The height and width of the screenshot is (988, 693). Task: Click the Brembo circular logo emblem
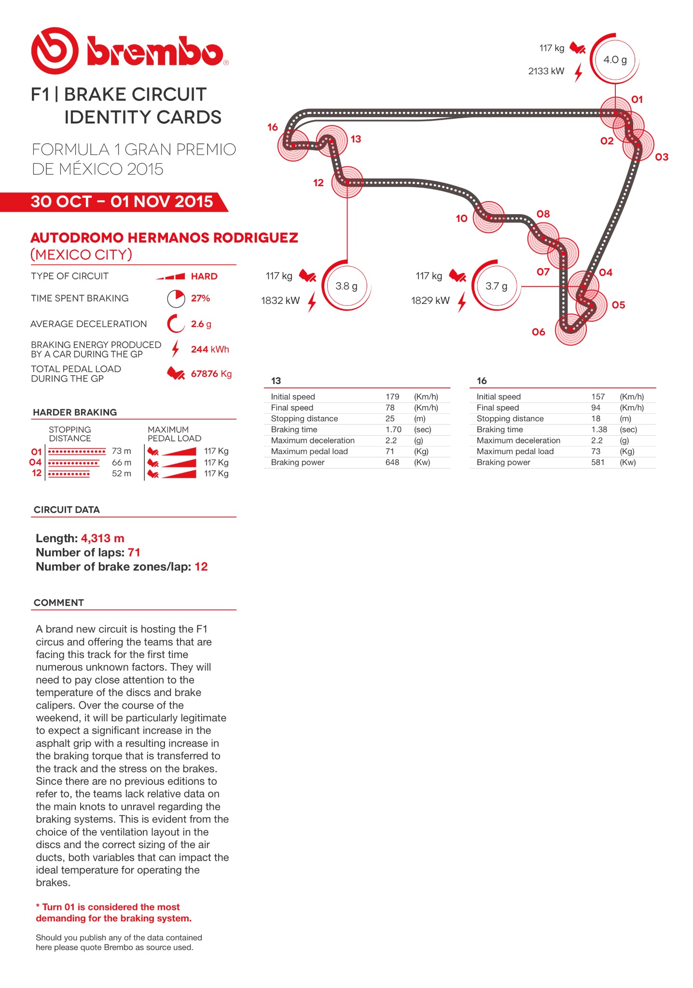coord(55,51)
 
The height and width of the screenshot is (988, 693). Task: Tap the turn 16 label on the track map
coord(273,127)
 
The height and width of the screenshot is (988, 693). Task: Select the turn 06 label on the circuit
coord(538,332)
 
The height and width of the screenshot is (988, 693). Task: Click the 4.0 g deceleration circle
coord(615,60)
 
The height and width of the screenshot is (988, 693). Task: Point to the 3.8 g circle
coord(346,286)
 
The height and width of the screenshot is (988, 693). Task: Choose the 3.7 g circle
coord(496,286)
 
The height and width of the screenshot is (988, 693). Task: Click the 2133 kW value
coord(546,71)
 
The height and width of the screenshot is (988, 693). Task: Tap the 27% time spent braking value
coord(200,299)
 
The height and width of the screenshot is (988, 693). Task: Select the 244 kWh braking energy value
coord(210,349)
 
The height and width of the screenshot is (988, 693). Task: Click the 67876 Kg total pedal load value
coord(211,374)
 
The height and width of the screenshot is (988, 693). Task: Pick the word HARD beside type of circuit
coord(204,276)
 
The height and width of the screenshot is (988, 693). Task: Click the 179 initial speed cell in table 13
coord(392,397)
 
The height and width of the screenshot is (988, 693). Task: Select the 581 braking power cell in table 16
coord(598,462)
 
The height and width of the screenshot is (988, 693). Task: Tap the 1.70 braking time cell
coord(393,429)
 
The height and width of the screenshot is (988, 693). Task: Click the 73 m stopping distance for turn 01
coord(121,451)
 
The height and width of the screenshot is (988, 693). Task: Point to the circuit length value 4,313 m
coord(102,538)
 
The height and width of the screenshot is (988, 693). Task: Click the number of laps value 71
coord(134,552)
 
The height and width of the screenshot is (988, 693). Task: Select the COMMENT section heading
coord(59,603)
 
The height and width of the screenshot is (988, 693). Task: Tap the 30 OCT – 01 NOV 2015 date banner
coord(122,202)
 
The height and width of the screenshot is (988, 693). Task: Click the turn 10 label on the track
coord(461,219)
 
